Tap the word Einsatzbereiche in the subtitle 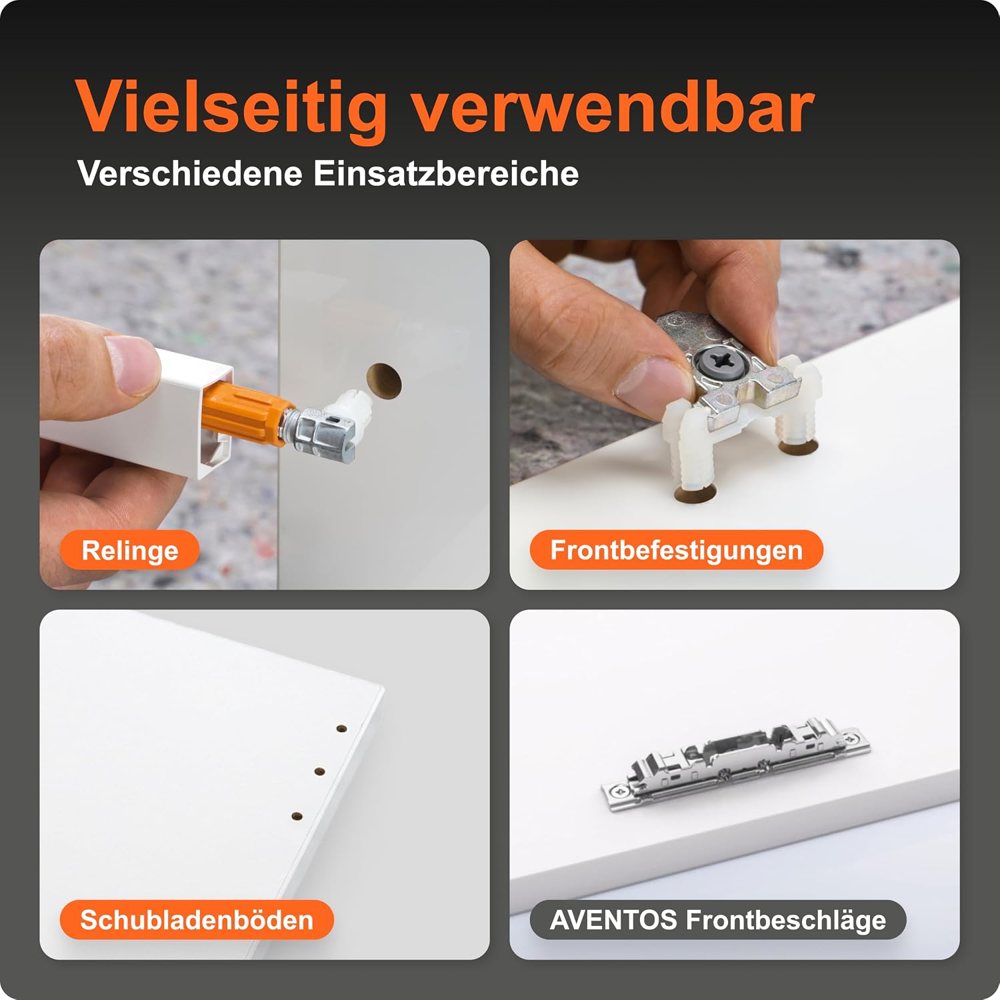tap(446, 173)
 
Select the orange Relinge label tap(130, 551)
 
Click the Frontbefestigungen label tap(676, 550)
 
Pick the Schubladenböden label tap(197, 920)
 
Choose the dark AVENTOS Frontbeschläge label tap(718, 920)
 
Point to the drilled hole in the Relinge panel tap(384, 381)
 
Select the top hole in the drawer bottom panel tap(342, 729)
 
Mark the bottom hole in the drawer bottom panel tap(297, 815)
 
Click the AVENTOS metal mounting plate tap(736, 765)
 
